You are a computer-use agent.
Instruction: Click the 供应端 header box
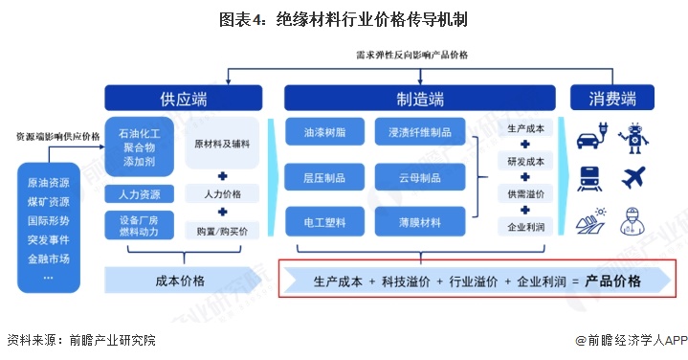pos(184,98)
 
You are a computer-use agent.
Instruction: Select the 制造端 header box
pos(419,98)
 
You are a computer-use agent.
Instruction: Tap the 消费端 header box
pos(612,98)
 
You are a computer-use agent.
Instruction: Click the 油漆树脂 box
pos(324,132)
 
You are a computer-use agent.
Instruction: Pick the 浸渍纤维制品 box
pos(420,132)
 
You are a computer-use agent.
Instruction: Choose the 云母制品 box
pos(420,177)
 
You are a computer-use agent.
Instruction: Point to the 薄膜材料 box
pos(420,222)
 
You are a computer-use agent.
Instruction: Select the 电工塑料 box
pos(324,222)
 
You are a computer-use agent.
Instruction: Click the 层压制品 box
pos(324,177)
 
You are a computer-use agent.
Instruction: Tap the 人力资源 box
pos(139,194)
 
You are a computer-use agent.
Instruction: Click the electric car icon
pos(592,136)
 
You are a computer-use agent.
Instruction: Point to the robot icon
pos(633,138)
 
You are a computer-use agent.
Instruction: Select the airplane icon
pos(633,177)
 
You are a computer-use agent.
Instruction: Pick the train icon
pos(589,178)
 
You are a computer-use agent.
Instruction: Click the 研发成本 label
pos(525,162)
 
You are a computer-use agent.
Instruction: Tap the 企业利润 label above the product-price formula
pos(525,227)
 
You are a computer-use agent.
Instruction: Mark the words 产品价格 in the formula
pos(612,281)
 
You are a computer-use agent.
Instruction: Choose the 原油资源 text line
pos(49,183)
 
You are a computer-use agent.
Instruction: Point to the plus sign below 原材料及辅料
pos(222,176)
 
